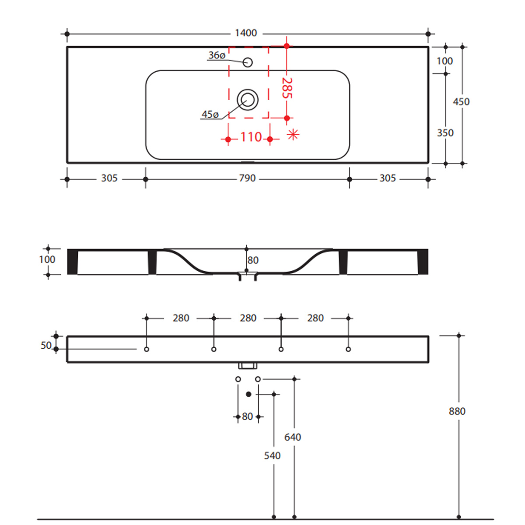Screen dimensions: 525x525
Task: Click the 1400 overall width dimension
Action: [246, 33]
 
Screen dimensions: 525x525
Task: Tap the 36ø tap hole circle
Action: [248, 63]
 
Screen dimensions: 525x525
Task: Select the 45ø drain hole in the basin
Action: [248, 100]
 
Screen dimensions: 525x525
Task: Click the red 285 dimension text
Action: [287, 88]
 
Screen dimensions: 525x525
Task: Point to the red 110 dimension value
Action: [251, 137]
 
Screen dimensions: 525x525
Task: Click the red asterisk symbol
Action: [293, 135]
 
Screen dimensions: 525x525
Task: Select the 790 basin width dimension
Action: [247, 178]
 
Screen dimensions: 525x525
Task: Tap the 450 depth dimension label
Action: [461, 101]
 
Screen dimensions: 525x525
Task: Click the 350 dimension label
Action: [445, 133]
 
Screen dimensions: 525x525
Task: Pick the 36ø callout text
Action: [217, 55]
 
